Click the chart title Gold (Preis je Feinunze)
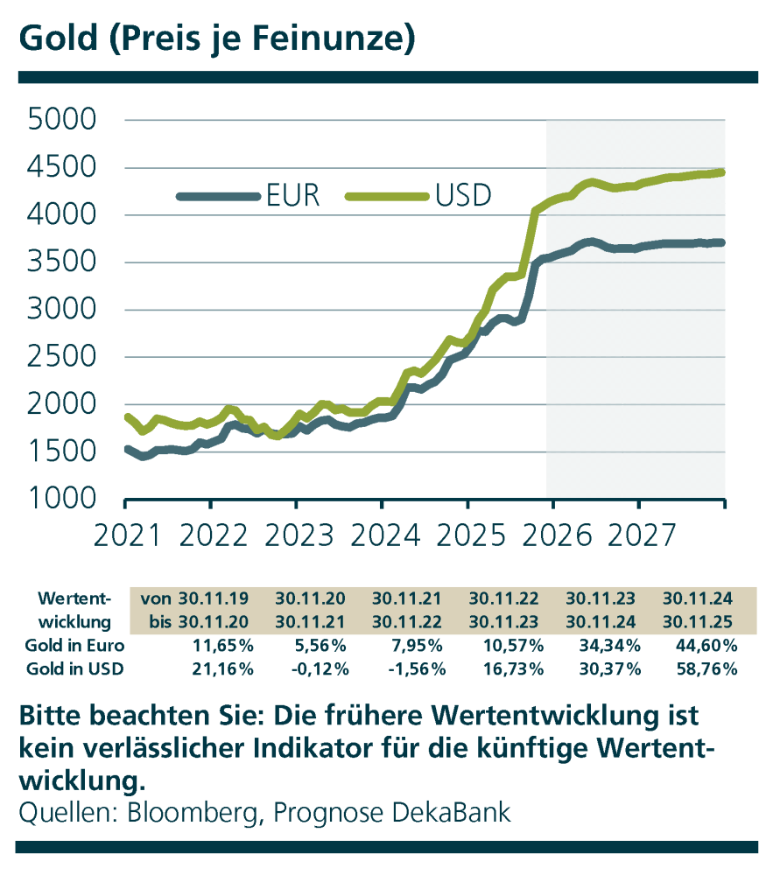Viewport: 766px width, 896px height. (215, 38)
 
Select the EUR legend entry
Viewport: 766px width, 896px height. (293, 196)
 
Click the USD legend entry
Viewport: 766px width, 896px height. (462, 196)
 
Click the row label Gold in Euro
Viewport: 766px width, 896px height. (75, 647)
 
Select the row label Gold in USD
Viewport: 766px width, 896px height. (75, 669)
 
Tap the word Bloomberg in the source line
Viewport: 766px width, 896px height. (193, 812)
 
